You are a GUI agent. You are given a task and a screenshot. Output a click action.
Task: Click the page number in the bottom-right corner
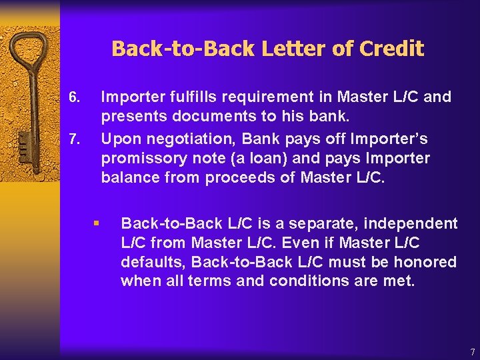click(472, 351)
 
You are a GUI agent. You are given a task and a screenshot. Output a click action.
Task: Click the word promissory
click(141, 159)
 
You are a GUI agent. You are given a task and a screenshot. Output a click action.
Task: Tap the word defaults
click(148, 262)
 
